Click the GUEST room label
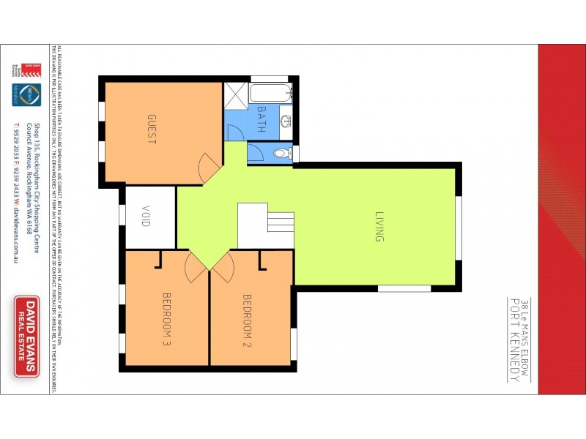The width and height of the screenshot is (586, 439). [152, 130]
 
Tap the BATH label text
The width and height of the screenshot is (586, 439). [261, 119]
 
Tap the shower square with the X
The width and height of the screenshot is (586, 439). [236, 94]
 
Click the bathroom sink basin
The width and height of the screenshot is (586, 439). [286, 122]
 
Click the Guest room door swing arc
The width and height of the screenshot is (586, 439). [207, 170]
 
